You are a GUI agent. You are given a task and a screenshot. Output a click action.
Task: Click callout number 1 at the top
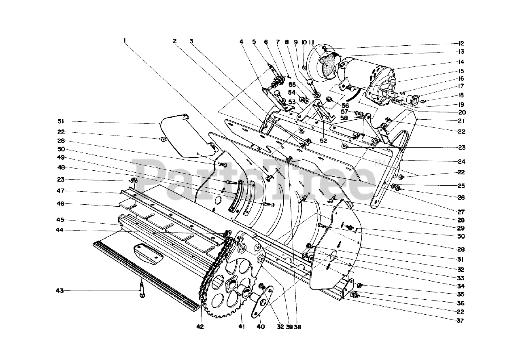(x=125, y=40)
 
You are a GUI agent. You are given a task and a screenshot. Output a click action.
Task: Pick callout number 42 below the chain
(x=201, y=326)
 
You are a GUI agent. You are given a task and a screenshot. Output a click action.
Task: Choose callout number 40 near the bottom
(x=261, y=326)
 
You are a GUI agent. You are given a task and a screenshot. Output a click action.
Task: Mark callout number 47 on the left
(x=60, y=191)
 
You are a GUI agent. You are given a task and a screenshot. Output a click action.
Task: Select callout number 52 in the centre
(x=323, y=140)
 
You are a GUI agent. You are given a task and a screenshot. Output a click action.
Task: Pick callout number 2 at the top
(x=175, y=41)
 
